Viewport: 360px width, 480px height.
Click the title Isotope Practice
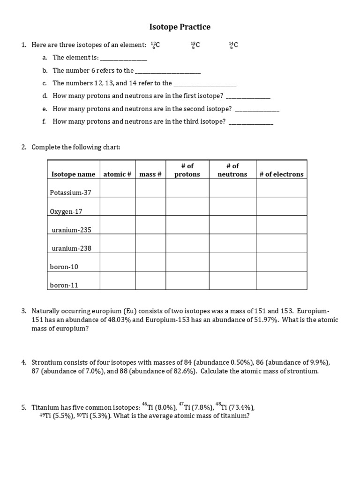point(180,27)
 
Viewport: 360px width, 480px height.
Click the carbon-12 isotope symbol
point(155,45)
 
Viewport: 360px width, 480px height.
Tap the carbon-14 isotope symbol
point(233,45)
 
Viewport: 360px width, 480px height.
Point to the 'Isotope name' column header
point(73,174)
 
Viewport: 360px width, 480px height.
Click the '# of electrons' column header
point(281,174)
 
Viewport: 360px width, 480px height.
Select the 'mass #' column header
point(150,174)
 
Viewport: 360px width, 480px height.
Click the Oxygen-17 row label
point(66,211)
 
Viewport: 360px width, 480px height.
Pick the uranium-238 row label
point(72,248)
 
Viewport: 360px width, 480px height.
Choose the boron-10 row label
point(64,267)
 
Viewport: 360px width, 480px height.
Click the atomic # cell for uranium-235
point(118,225)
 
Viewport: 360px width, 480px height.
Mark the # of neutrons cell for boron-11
point(232,281)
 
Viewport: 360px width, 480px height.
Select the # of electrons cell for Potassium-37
point(281,188)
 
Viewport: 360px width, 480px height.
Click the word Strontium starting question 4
point(46,362)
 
